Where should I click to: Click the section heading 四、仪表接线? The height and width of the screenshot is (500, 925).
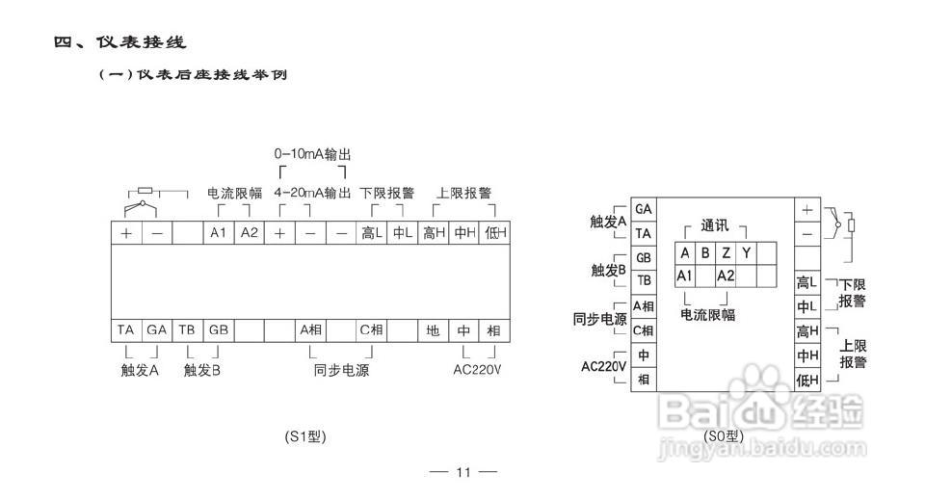(119, 42)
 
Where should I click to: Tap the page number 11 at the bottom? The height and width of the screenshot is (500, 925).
(462, 472)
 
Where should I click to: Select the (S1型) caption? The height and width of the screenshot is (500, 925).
(305, 436)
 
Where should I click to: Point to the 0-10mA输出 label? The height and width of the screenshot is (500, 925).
(312, 154)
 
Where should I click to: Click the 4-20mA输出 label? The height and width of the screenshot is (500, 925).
(312, 193)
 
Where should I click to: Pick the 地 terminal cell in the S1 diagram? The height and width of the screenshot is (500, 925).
(434, 330)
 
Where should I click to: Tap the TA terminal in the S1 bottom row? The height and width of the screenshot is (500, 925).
(126, 330)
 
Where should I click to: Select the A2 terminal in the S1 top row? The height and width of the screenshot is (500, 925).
(250, 233)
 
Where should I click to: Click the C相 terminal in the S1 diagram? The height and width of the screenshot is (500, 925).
(372, 330)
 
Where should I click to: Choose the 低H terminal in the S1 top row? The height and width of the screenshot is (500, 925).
(495, 233)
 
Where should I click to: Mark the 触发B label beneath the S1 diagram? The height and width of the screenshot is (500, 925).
(202, 370)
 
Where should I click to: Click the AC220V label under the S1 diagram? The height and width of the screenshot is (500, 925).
(478, 370)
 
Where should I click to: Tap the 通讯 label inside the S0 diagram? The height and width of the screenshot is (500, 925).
(714, 227)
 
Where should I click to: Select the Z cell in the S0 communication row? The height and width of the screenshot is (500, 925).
(726, 253)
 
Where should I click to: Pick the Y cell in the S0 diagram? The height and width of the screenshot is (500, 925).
(746, 253)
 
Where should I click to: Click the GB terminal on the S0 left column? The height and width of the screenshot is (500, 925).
(643, 258)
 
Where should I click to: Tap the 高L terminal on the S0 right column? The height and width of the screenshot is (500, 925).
(806, 282)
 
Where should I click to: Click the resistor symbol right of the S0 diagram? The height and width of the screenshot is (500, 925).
(851, 225)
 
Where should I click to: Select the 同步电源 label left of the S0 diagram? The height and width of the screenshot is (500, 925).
(599, 319)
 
